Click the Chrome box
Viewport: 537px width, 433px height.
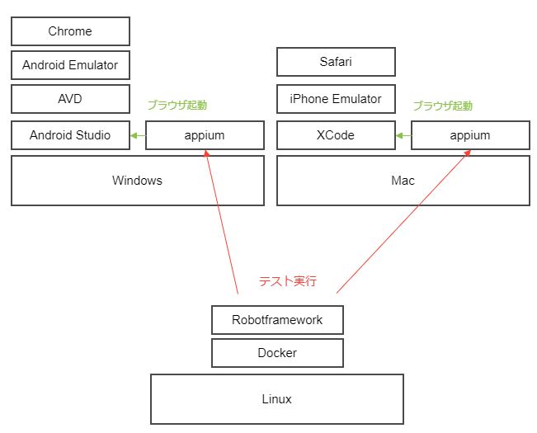pos(71,31)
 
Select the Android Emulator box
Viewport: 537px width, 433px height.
pos(71,65)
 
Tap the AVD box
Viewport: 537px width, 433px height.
pos(71,99)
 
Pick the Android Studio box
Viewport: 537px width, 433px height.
pos(71,135)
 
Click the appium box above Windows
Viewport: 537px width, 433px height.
pos(205,135)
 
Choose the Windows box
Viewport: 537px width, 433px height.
pos(138,181)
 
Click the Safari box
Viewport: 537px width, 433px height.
pos(336,62)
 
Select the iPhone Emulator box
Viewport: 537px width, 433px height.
pos(336,99)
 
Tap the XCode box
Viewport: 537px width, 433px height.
pos(336,135)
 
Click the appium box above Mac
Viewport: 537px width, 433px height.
pos(470,135)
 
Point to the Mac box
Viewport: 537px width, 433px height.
pos(403,181)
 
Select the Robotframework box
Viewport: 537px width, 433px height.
pos(277,320)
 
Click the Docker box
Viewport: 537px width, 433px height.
pos(277,353)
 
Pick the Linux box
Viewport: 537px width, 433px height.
pos(277,399)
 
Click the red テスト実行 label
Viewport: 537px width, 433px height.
pos(288,281)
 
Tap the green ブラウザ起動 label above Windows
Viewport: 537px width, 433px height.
pos(177,105)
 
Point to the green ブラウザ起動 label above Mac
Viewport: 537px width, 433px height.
pos(443,106)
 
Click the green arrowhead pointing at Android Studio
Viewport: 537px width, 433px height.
pos(134,135)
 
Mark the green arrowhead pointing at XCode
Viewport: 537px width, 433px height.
pos(399,135)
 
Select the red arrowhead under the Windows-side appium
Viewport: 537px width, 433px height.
pos(206,153)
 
